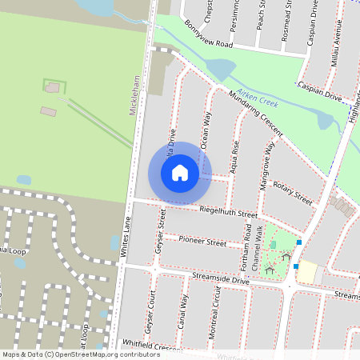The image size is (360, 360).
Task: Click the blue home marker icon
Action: [x=180, y=172]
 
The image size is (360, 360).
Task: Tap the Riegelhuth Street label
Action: [x=226, y=213]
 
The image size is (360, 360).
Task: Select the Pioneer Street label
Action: [x=202, y=241]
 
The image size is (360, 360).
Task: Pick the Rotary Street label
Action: [x=293, y=193]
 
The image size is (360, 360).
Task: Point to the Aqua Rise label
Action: [x=235, y=155]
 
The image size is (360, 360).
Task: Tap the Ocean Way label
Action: [x=206, y=130]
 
